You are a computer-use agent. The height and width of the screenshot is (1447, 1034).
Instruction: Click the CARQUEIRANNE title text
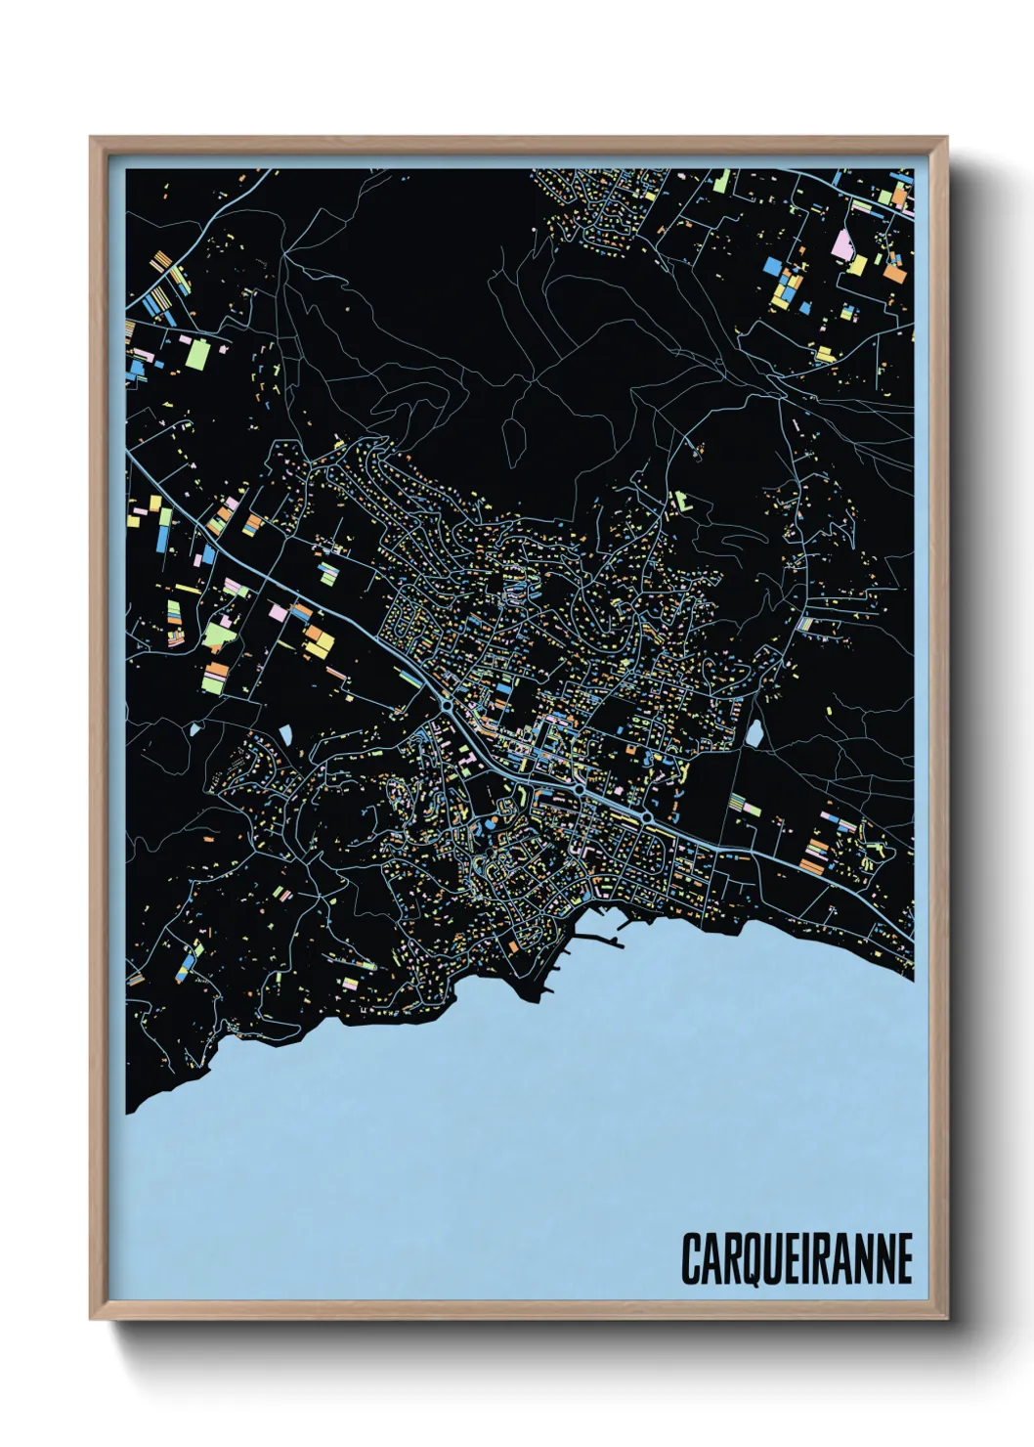tap(797, 1258)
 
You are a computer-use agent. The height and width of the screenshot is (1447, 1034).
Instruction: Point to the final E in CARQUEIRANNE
tap(903, 1258)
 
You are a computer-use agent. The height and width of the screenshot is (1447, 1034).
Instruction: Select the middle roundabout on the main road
tap(580, 788)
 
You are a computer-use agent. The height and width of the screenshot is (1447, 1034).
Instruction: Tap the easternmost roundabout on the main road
tap(647, 815)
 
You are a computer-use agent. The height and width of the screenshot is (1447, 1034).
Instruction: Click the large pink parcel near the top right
tap(841, 243)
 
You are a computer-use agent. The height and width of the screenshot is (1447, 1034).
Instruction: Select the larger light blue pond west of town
tap(285, 731)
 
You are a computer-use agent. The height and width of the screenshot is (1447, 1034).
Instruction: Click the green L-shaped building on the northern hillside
tap(681, 501)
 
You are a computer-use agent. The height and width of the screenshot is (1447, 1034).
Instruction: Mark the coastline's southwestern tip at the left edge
tap(130, 1111)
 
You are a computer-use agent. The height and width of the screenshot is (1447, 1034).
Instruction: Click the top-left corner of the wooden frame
tap(91, 138)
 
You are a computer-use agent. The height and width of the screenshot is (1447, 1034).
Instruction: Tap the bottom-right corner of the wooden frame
tap(946, 1319)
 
